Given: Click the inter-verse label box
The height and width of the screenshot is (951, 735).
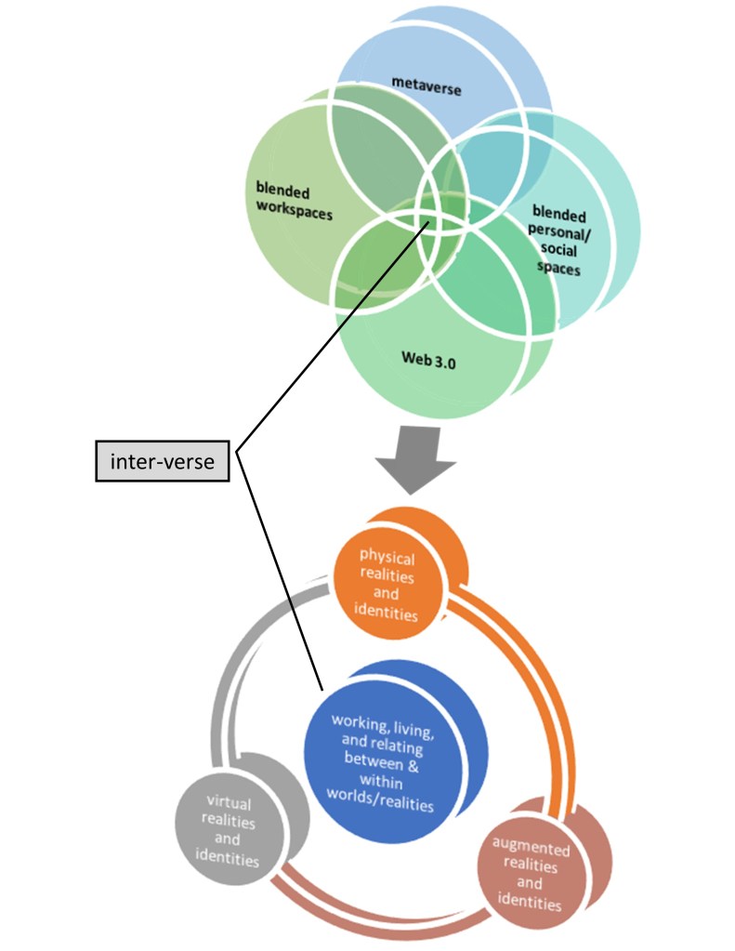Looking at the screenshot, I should pyautogui.click(x=163, y=461).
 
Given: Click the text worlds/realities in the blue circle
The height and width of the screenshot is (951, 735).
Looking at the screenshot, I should pyautogui.click(x=382, y=804).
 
